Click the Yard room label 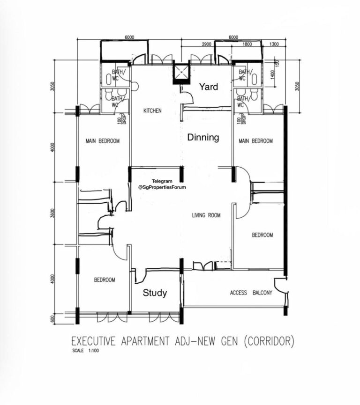[x=209, y=87]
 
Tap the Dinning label [x=203, y=138]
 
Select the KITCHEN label [x=152, y=111]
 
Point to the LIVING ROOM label [x=206, y=215]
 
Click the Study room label [x=155, y=293]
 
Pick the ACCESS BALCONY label [x=251, y=293]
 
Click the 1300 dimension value [x=274, y=44]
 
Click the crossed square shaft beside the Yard [x=180, y=72]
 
